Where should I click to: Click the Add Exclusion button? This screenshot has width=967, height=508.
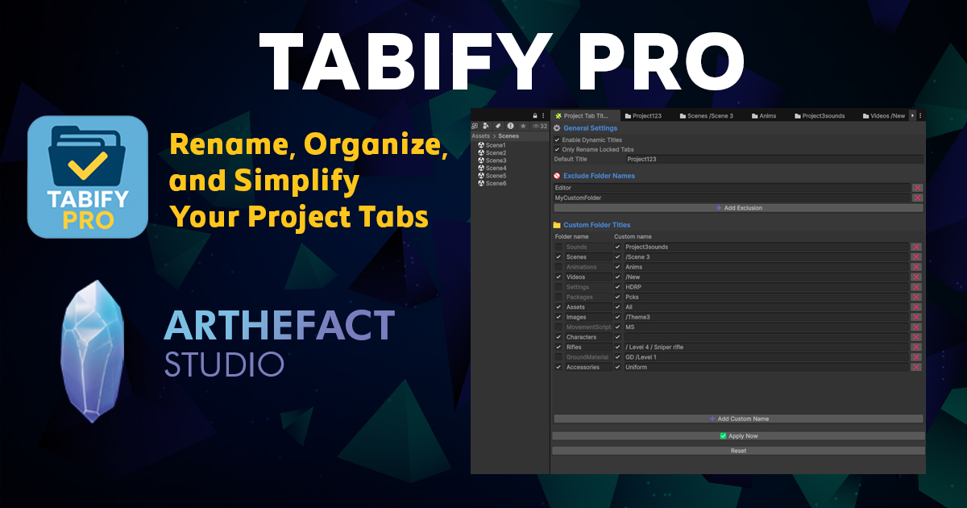point(738,208)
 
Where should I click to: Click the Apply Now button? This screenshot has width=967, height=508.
point(738,436)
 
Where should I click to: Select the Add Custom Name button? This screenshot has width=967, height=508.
point(738,419)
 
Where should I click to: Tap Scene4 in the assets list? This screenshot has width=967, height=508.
point(496,168)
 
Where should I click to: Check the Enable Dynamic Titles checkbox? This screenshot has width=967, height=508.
point(557,139)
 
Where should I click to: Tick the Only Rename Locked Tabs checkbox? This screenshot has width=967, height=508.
point(557,149)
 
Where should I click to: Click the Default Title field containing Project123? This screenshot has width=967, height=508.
point(774,159)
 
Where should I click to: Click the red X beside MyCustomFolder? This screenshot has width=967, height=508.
point(917,198)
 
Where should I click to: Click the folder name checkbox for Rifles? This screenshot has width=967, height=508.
point(558,348)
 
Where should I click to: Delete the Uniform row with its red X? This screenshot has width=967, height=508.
point(916,368)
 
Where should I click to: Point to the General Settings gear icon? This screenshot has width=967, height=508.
point(557,128)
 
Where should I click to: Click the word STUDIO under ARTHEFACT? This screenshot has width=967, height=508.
point(224,364)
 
